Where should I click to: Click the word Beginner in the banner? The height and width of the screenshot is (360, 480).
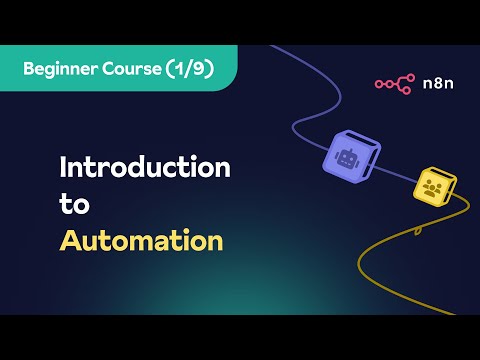pyautogui.click(x=62, y=68)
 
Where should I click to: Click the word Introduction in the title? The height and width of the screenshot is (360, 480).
pyautogui.click(x=144, y=166)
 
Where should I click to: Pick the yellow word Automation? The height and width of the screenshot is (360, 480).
pyautogui.click(x=140, y=241)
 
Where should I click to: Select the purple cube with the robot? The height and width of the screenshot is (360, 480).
pyautogui.click(x=351, y=156)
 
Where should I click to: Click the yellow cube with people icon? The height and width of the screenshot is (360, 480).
pyautogui.click(x=435, y=188)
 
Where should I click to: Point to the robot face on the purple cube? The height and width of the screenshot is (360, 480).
pyautogui.click(x=347, y=157)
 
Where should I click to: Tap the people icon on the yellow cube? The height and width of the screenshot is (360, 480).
pyautogui.click(x=432, y=188)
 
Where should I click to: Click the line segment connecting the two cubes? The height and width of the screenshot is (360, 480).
pyautogui.click(x=397, y=175)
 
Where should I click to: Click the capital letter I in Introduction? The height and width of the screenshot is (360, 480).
pyautogui.click(x=63, y=166)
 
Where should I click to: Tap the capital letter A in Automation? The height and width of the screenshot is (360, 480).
pyautogui.click(x=70, y=241)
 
